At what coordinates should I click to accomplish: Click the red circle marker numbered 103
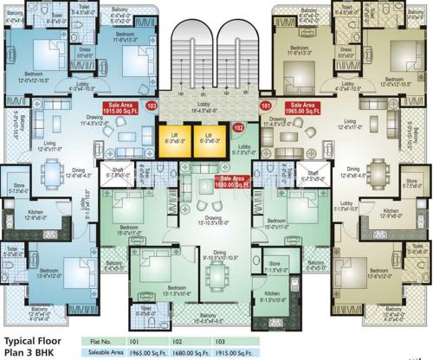coord(153,106)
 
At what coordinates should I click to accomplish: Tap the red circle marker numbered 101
coord(266,106)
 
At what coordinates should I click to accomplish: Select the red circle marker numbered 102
coord(238,127)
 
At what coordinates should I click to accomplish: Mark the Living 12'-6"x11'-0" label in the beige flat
coord(350,125)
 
